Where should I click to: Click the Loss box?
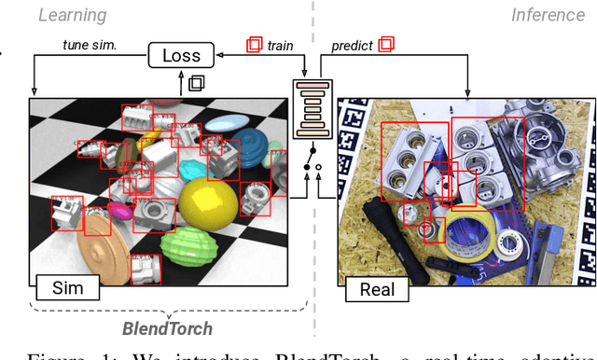[x=182, y=56]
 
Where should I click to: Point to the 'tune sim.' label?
[x=90, y=45]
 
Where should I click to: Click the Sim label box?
[x=67, y=286]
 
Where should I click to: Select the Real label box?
[x=377, y=289]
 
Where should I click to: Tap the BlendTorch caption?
[x=168, y=328]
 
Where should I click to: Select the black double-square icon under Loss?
[x=196, y=83]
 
